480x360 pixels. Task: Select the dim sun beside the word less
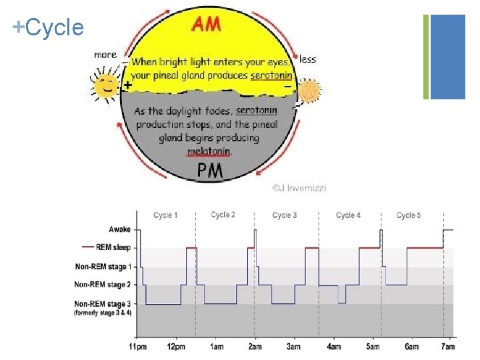[x=309, y=91]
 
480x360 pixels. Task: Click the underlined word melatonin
[x=209, y=152]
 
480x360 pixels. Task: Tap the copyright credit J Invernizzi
[x=299, y=188]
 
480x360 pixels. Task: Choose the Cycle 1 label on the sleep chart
[x=165, y=215]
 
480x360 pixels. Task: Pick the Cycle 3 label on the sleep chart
[x=285, y=215]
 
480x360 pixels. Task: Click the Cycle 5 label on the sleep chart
[x=408, y=215]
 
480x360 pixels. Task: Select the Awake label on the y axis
[x=120, y=229]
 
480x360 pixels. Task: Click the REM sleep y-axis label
[x=113, y=248]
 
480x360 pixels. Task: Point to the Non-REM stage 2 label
[x=103, y=285]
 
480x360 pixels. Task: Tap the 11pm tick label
[x=137, y=346]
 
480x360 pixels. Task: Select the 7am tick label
[x=449, y=346]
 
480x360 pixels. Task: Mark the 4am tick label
[x=333, y=346]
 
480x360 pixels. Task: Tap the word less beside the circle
[x=308, y=59]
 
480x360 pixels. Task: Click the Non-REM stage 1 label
[x=103, y=267]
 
